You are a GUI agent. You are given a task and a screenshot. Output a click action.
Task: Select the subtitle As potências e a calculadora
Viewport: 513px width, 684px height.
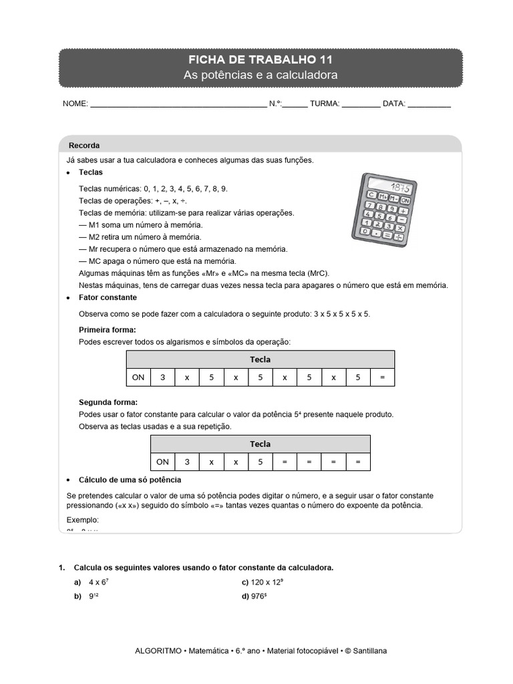tap(261, 75)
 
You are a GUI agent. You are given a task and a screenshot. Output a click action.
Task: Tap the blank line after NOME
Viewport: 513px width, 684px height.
tap(178, 105)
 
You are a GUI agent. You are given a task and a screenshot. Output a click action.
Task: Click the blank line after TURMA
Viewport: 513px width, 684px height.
tap(361, 105)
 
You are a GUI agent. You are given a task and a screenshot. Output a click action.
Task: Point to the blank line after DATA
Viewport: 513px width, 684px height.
tap(429, 105)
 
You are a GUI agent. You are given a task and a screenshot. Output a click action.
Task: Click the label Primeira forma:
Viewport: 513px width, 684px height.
tap(108, 330)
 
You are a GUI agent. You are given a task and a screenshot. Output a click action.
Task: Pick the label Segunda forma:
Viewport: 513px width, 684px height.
tap(108, 402)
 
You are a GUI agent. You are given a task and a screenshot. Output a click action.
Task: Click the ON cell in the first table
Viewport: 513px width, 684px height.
tap(138, 377)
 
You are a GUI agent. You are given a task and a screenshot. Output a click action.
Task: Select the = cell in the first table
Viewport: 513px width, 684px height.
tap(382, 377)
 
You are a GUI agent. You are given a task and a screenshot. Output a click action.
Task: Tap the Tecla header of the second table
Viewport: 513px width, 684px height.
tap(261, 444)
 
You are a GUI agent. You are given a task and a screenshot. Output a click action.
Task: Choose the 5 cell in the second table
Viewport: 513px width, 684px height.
tap(261, 462)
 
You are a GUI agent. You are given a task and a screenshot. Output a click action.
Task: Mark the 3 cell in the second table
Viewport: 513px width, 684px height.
tap(187, 462)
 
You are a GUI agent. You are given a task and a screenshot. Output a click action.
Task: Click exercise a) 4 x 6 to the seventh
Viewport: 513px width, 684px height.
tap(98, 582)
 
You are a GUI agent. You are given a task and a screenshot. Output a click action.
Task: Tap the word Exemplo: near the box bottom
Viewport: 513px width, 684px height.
tap(83, 520)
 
